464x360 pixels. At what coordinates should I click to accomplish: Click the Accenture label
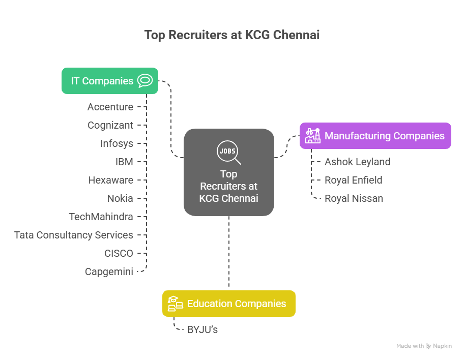[x=110, y=107]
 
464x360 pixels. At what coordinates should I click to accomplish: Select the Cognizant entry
[x=110, y=125]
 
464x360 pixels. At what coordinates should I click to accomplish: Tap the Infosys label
[x=117, y=143]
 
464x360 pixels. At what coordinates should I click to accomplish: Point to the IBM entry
[x=124, y=162]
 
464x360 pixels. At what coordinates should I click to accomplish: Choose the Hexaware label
[x=110, y=180]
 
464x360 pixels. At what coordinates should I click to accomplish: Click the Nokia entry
[x=120, y=198]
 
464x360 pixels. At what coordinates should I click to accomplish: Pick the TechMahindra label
[x=101, y=217]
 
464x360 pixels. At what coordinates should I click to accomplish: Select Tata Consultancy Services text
[x=74, y=235]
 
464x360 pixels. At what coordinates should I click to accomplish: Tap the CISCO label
[x=119, y=253]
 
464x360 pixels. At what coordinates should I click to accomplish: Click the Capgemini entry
[x=109, y=272]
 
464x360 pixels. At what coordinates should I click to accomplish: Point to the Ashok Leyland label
[x=357, y=162]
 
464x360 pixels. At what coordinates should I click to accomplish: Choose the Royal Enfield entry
[x=353, y=180]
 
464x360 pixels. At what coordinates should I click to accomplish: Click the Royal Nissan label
[x=354, y=198]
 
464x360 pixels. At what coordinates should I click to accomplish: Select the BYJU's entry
[x=202, y=329]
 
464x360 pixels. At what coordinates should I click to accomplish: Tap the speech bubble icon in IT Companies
[x=145, y=81]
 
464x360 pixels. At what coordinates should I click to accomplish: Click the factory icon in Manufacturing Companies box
[x=312, y=136]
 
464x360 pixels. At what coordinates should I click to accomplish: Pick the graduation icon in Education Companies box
[x=175, y=304]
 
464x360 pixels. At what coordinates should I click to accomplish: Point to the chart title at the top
[x=232, y=35]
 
